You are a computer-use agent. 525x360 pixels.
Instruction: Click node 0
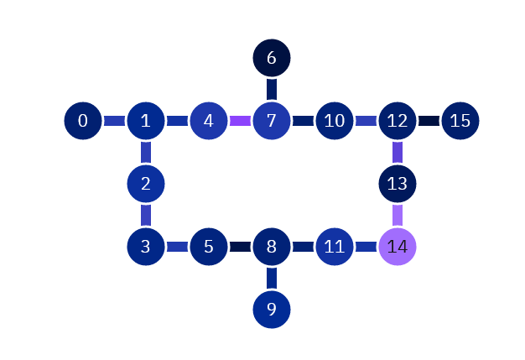83,121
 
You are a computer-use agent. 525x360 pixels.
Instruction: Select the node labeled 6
272,58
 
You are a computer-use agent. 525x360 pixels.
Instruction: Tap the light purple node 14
398,247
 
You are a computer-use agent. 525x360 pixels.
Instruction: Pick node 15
460,121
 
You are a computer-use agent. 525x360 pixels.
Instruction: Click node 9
272,310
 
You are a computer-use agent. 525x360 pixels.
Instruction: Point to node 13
398,184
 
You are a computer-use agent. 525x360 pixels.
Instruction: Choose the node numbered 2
146,184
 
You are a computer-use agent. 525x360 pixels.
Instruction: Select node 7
272,121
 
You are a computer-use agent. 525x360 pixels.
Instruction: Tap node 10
335,121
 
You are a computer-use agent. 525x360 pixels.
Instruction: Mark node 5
209,247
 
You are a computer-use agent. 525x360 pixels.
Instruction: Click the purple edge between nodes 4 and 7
240,121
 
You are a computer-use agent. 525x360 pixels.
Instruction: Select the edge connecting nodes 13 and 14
398,215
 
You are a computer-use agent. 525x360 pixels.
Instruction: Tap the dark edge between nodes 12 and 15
429,121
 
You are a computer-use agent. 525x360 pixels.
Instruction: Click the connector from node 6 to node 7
272,89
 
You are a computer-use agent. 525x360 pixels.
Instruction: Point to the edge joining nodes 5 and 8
240,247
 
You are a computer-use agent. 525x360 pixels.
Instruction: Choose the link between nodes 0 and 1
114,121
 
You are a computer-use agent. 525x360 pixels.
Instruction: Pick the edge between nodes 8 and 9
272,278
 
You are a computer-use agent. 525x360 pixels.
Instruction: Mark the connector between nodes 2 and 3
146,215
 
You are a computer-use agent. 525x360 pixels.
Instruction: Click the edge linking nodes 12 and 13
398,152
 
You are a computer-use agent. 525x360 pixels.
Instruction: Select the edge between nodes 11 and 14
366,247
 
